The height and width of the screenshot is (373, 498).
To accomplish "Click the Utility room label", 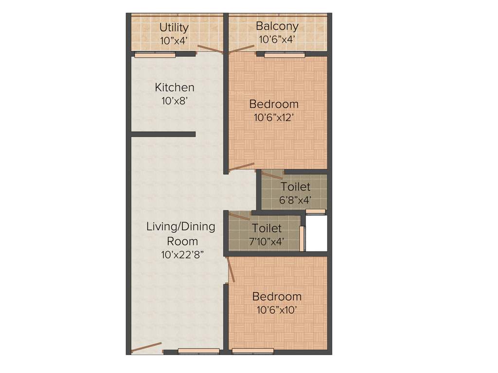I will click(174, 27).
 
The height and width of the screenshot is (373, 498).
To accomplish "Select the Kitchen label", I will click(175, 87).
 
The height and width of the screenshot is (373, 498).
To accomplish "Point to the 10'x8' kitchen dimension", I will click(175, 101).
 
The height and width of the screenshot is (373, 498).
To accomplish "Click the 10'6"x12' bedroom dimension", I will click(274, 117).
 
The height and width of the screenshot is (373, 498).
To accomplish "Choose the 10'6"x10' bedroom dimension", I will click(277, 310).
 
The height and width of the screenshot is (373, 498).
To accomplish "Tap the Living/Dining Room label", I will click(181, 234).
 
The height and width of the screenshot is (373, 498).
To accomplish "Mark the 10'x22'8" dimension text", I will click(182, 254).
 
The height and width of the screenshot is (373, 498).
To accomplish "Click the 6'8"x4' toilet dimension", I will click(295, 200).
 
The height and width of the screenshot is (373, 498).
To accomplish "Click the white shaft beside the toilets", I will click(316, 233).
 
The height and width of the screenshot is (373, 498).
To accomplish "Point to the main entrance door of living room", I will click(146, 347).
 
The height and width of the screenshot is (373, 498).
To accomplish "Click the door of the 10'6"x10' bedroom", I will click(231, 270).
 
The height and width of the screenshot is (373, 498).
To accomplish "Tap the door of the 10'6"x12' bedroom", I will click(241, 167).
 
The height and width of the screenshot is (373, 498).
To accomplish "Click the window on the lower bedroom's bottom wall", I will click(252, 351).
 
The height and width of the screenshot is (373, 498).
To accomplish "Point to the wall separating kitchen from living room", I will click(163, 134).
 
